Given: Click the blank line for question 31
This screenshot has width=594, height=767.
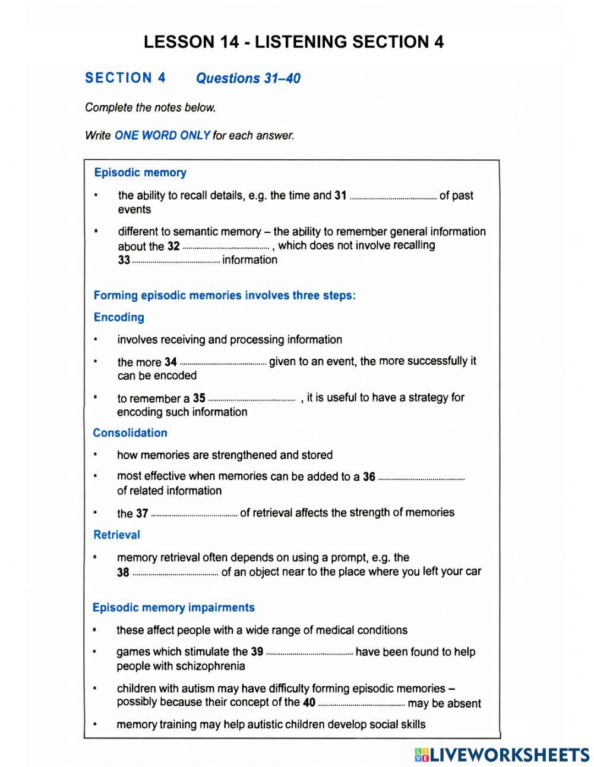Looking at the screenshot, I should coord(393,197).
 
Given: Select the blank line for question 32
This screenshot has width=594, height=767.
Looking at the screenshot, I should coord(226,248).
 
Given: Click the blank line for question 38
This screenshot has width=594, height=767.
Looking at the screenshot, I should coord(175,575).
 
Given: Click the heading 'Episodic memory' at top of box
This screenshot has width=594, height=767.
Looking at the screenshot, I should coord(140,173).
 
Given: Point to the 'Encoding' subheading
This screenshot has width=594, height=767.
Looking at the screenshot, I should coord(119,317).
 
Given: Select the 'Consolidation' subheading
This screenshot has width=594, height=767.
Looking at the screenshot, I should coord(130,433).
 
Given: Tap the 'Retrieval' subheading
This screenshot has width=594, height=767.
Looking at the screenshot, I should coord(116,535).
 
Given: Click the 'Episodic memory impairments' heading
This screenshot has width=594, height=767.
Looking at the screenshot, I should coord(173,608).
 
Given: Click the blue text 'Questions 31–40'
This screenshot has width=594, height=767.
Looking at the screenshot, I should coord(248,78).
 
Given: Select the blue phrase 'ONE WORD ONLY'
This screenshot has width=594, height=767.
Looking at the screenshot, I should coord(162,135).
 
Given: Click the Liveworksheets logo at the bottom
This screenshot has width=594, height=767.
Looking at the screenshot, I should coord(502,755).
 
